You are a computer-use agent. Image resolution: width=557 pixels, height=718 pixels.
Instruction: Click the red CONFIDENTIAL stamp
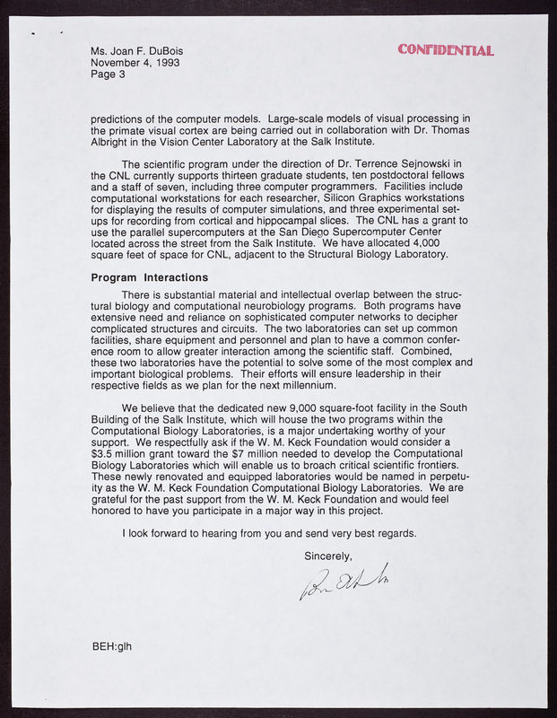click(x=445, y=49)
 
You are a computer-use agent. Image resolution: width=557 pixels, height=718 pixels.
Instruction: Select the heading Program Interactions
click(x=150, y=277)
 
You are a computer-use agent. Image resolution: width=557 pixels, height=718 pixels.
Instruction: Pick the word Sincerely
click(x=328, y=556)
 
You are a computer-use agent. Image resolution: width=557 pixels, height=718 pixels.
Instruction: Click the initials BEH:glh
click(x=111, y=645)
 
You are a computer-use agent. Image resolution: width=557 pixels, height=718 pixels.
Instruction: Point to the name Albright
click(x=115, y=141)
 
